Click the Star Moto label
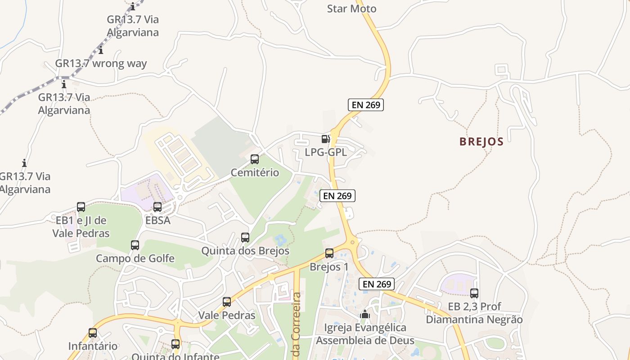point(351,9)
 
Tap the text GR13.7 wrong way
point(101,63)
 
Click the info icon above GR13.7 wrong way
point(101,50)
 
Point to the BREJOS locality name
point(481,142)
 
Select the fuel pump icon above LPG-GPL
point(326,139)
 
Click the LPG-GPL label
point(326,152)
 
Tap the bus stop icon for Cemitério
point(255,159)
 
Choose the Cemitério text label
point(255,172)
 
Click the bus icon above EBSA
point(157,207)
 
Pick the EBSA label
point(157,220)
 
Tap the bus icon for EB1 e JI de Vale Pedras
point(81,207)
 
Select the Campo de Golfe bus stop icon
point(135,245)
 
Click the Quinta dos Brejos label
point(245,251)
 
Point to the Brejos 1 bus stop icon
point(329,253)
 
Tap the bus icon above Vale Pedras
point(227,302)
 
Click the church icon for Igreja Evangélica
point(365,314)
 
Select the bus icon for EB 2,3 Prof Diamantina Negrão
point(474,293)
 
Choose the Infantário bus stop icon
point(93,333)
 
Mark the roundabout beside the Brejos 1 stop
point(352,243)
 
